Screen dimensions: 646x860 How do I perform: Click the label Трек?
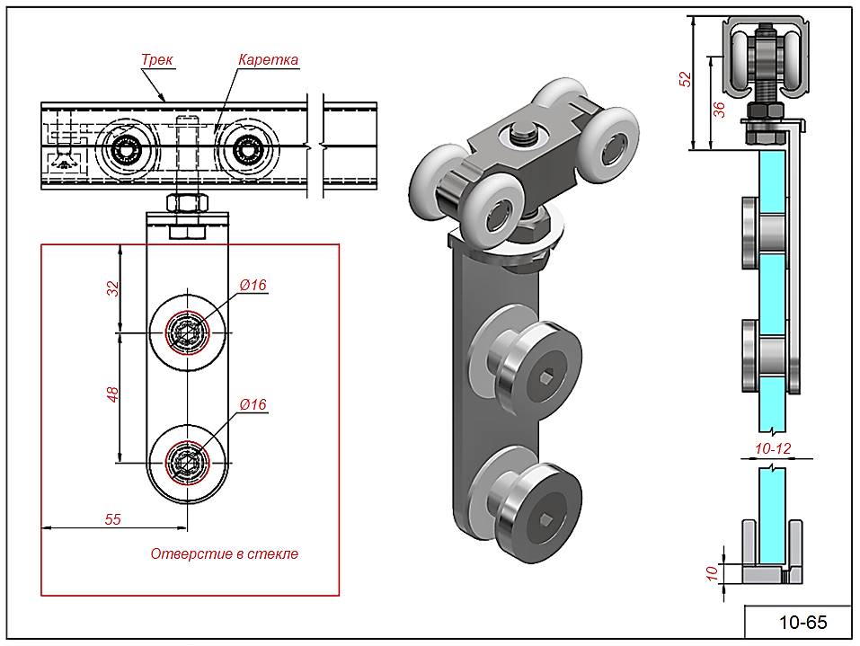coord(157,60)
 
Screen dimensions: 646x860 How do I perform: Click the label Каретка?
coord(268,60)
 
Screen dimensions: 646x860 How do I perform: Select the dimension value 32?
coord(113,288)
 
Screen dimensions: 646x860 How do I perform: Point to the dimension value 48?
coord(113,394)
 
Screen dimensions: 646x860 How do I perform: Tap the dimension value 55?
coord(113,518)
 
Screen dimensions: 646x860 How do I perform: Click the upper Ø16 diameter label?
coord(253,286)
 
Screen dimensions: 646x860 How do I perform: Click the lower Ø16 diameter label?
coord(253,405)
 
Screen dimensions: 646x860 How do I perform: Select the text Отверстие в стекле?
coord(224,554)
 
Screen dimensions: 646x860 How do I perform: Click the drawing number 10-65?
coord(802,622)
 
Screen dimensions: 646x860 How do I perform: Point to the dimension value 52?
coord(686,79)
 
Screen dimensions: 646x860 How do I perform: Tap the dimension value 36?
coord(717,110)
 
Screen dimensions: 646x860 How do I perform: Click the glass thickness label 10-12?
coord(773,447)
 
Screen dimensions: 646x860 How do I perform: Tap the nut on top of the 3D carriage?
coord(523,135)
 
